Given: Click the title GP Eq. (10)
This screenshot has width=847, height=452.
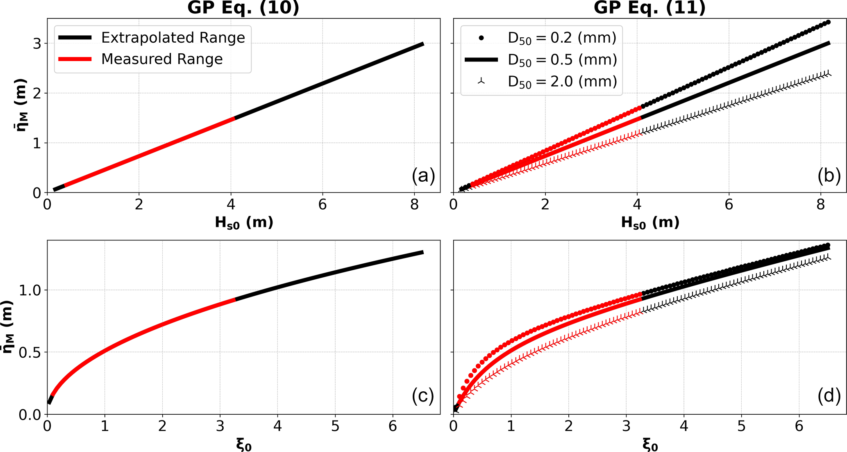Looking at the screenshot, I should point(243,7).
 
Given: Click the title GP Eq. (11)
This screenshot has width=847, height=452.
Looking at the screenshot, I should point(649,7).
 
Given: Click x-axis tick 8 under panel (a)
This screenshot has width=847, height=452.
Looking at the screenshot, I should point(414,204).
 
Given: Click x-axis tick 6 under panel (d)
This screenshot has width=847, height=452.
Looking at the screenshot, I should point(799,426).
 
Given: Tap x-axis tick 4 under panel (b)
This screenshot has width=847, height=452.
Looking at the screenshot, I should point(637,204).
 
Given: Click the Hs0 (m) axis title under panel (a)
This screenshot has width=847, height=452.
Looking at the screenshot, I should point(244,223).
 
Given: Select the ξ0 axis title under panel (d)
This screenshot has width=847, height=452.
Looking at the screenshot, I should point(650,445).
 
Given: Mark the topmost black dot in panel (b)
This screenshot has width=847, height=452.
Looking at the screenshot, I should point(828,22).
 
